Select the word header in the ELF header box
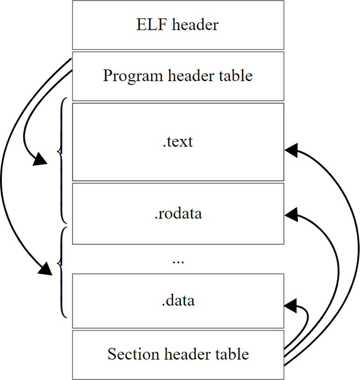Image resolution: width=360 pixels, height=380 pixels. coord(195,25)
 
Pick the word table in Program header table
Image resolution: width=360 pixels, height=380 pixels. coord(236,76)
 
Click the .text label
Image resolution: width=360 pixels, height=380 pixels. coord(178,141)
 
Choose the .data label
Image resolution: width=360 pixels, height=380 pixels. coord(178,300)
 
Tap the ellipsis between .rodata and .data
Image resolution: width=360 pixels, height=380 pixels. coord(178,261)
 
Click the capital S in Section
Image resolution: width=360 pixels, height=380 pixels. coord(111,354)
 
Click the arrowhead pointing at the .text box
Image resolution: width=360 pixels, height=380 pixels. coord(291,150)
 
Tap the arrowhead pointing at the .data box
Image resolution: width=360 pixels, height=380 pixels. coord(291,305)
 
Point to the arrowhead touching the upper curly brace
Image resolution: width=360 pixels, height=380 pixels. coord(41,159)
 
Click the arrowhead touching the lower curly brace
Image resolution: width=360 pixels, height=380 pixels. coord(46,269)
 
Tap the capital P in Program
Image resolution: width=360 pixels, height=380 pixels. coord(107,76)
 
